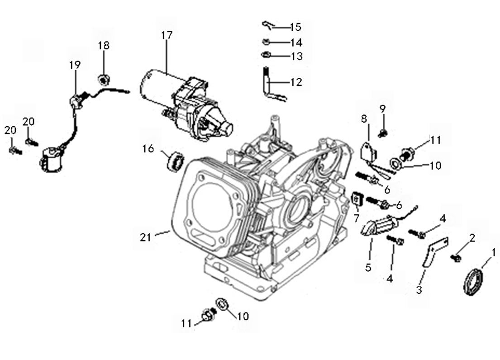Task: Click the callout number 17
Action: (x=167, y=35)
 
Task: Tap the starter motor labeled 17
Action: (x=186, y=104)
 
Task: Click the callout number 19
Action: (x=75, y=65)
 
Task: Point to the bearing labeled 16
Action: (x=175, y=161)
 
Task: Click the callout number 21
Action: (x=145, y=237)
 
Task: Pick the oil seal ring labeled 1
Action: (x=473, y=282)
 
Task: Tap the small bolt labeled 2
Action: (x=456, y=258)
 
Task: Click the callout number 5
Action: (x=368, y=267)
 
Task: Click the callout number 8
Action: (x=364, y=119)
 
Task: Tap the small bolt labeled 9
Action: (x=383, y=132)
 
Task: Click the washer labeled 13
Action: (x=266, y=56)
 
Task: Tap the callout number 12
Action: (x=296, y=82)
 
